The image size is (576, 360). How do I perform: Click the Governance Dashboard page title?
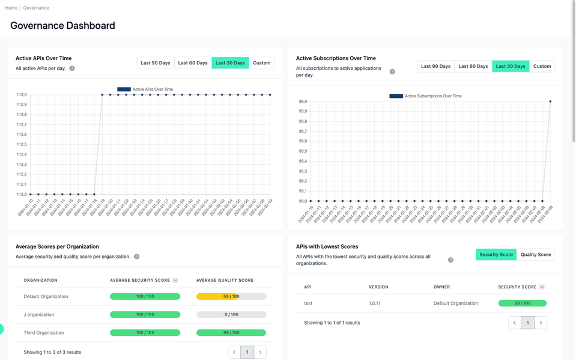click(62, 26)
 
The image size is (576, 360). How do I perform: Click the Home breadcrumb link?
click(11, 8)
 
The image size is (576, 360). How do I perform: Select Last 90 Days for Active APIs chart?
click(155, 63)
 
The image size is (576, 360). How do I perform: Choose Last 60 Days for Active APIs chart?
click(193, 63)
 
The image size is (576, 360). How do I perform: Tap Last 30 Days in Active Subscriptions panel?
click(511, 67)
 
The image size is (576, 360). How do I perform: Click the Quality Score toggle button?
click(535, 255)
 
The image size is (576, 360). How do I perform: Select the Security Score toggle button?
click(496, 255)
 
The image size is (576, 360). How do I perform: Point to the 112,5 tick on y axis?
click(21, 144)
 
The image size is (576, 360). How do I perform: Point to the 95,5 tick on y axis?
click(302, 151)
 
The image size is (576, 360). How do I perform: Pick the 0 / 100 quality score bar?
click(231, 314)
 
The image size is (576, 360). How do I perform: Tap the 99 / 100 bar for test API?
click(522, 304)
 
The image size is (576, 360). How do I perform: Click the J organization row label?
click(39, 314)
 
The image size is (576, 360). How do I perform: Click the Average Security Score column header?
click(140, 280)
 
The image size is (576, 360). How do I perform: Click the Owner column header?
click(441, 287)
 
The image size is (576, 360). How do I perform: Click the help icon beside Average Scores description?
click(137, 257)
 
